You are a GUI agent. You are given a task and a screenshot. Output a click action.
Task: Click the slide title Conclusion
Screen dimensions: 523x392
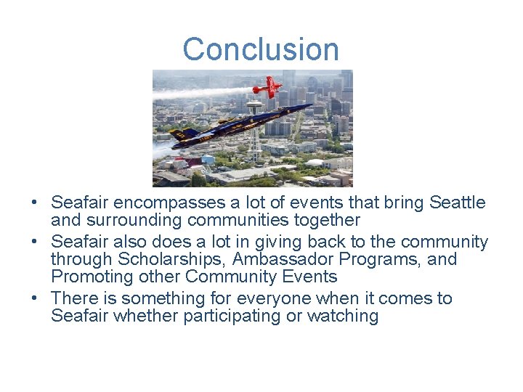[x=261, y=49]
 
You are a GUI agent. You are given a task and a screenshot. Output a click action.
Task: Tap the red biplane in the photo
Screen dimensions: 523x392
[x=267, y=87]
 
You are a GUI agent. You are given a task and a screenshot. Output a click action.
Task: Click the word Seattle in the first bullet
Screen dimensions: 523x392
[x=457, y=203]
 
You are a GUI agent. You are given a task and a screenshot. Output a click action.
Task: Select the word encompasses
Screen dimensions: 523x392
[x=169, y=203]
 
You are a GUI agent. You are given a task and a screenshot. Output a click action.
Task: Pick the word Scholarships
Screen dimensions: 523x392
[x=170, y=259]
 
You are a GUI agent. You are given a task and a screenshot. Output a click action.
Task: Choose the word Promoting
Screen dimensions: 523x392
[x=92, y=277]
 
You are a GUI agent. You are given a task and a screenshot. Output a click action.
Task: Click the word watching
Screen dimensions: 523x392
[x=343, y=316]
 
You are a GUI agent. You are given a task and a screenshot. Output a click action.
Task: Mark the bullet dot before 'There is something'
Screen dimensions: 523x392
[x=34, y=298]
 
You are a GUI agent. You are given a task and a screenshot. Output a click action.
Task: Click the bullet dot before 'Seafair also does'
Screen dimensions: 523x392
[x=34, y=241]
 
